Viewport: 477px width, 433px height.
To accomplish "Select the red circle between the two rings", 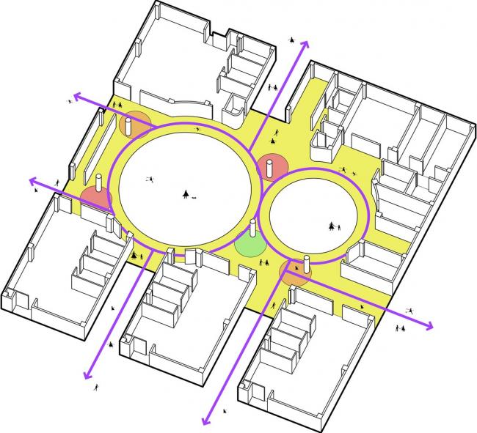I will pos(272,167).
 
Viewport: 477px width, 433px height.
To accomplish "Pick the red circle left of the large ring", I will pos(96,198).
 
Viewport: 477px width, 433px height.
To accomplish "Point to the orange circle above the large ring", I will pos(135,123).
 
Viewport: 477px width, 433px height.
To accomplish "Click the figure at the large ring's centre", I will pos(187,193).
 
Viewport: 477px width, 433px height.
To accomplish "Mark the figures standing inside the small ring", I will pos(335,223).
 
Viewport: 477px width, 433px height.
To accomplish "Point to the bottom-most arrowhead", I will pos(203,421).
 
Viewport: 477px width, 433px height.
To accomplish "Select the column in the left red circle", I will pos(98,185).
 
